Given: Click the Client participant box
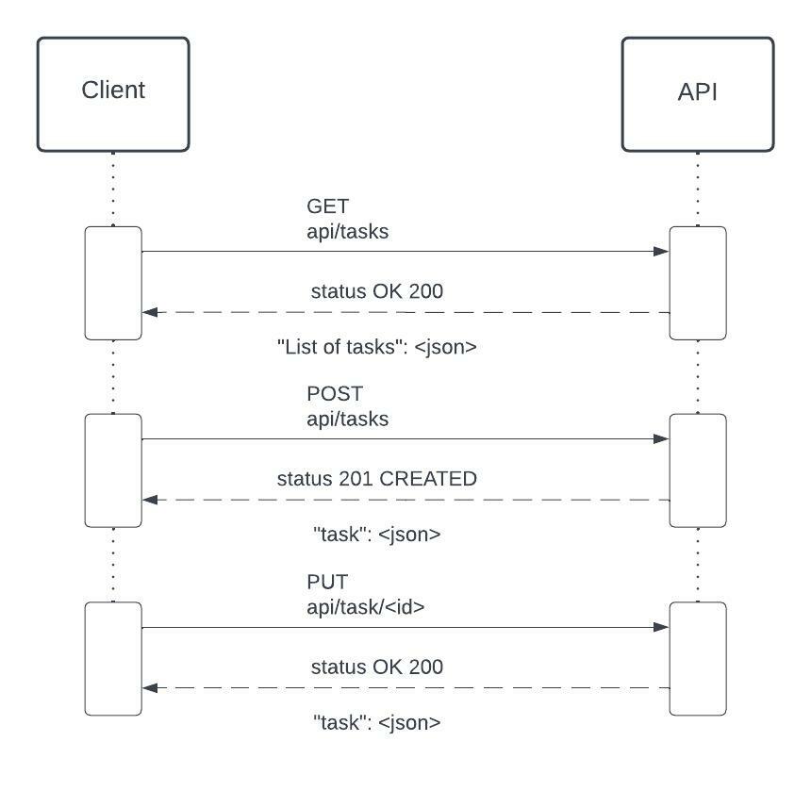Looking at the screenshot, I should [x=113, y=93].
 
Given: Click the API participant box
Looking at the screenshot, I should [x=698, y=93].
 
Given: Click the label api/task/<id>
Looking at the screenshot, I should [x=365, y=608].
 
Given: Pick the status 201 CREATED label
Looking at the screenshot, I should [x=376, y=479].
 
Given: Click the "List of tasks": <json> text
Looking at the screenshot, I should [x=376, y=347].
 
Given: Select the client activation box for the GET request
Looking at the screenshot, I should [x=113, y=283].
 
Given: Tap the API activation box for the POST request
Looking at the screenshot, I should [x=698, y=470].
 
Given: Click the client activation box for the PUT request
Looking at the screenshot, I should [x=113, y=659].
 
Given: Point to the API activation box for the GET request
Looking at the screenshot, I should [x=698, y=283].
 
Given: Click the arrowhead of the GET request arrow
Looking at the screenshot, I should [x=662, y=252].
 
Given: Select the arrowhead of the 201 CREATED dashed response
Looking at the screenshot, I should [x=149, y=500].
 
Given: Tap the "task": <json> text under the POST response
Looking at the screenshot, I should [x=376, y=535].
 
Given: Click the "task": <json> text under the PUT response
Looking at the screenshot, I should [x=376, y=723].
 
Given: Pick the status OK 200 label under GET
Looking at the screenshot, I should [x=376, y=291].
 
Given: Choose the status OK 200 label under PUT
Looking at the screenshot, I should [x=376, y=667].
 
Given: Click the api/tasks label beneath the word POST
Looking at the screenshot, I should [x=347, y=420].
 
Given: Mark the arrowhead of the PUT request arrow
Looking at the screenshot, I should [x=662, y=628].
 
